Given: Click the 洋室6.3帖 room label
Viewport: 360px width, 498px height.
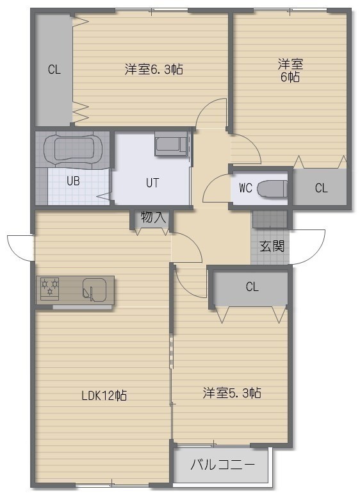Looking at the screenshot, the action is pos(154,69).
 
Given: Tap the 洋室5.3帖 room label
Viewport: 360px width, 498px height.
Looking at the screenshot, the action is pos(232,393).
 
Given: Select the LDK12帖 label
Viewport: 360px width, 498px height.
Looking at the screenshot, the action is pos(104,395).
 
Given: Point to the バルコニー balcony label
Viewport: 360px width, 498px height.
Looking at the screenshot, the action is pos(222,465).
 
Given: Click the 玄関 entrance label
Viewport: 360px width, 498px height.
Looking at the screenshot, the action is pos(272,246).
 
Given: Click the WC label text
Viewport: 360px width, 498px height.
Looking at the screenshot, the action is pos(245,188).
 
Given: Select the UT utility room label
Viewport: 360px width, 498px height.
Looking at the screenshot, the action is pos(152,183).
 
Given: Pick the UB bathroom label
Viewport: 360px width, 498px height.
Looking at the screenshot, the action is pos(73,181).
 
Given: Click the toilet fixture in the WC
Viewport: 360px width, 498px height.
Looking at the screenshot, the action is pos(272,188).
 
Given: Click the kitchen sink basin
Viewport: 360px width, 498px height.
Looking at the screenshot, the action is pos(94,290).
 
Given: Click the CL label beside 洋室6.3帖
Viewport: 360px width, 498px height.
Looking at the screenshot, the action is pos(54,69).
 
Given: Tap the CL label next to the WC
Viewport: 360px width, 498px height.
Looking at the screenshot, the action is pos(322,188).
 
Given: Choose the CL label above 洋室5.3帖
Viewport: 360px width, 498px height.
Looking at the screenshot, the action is pos(252,286).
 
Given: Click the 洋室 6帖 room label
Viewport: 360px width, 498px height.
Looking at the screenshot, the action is pos(290,71).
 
